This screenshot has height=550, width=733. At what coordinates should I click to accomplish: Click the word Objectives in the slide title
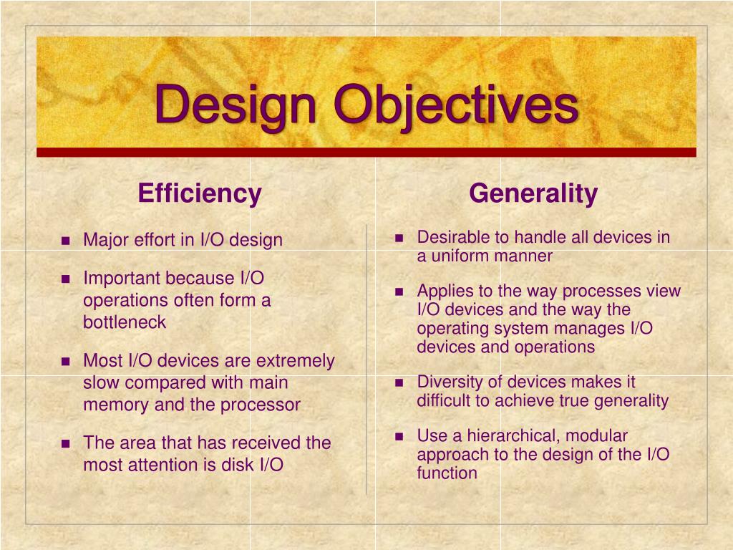click(x=457, y=105)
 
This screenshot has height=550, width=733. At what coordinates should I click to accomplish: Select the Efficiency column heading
click(x=200, y=193)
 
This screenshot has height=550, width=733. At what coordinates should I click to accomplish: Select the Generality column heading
click(x=533, y=193)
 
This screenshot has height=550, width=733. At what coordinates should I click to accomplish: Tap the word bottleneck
click(x=125, y=322)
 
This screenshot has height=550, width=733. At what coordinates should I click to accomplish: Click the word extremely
click(x=295, y=361)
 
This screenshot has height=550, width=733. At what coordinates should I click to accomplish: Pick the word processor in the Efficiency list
click(x=260, y=405)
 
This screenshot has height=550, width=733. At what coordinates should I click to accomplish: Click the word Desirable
click(x=452, y=237)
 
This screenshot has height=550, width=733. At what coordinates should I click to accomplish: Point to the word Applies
click(x=442, y=291)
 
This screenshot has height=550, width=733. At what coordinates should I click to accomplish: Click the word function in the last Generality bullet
click(x=447, y=473)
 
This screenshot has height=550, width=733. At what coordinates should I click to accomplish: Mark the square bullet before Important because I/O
click(x=66, y=279)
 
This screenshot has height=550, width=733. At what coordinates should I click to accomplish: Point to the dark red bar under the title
click(x=366, y=152)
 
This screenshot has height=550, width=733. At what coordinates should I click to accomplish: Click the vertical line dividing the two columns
click(x=366, y=358)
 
